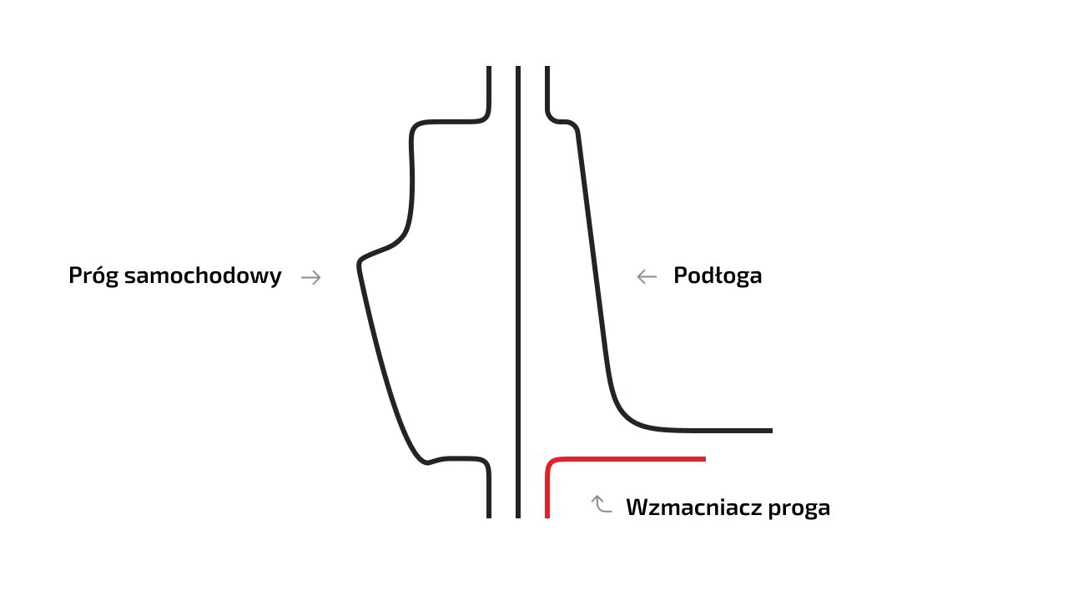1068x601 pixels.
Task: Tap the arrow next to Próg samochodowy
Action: click(x=311, y=278)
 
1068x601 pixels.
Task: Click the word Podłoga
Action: click(x=718, y=276)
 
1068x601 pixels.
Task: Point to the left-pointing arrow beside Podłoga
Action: click(x=647, y=277)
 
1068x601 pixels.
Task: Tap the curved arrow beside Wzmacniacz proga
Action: click(x=602, y=504)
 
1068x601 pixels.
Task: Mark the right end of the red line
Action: click(x=704, y=459)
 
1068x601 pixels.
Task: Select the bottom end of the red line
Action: click(x=547, y=516)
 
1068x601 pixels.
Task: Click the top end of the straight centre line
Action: click(x=518, y=68)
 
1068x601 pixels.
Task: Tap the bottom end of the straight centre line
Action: click(x=518, y=516)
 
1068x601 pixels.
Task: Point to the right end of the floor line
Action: click(x=770, y=431)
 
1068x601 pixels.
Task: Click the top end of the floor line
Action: click(x=547, y=68)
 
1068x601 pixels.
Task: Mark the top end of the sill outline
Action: click(x=489, y=68)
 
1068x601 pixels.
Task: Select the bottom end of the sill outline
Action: click(x=489, y=516)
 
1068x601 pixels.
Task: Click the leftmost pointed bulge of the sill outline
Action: click(x=360, y=264)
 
